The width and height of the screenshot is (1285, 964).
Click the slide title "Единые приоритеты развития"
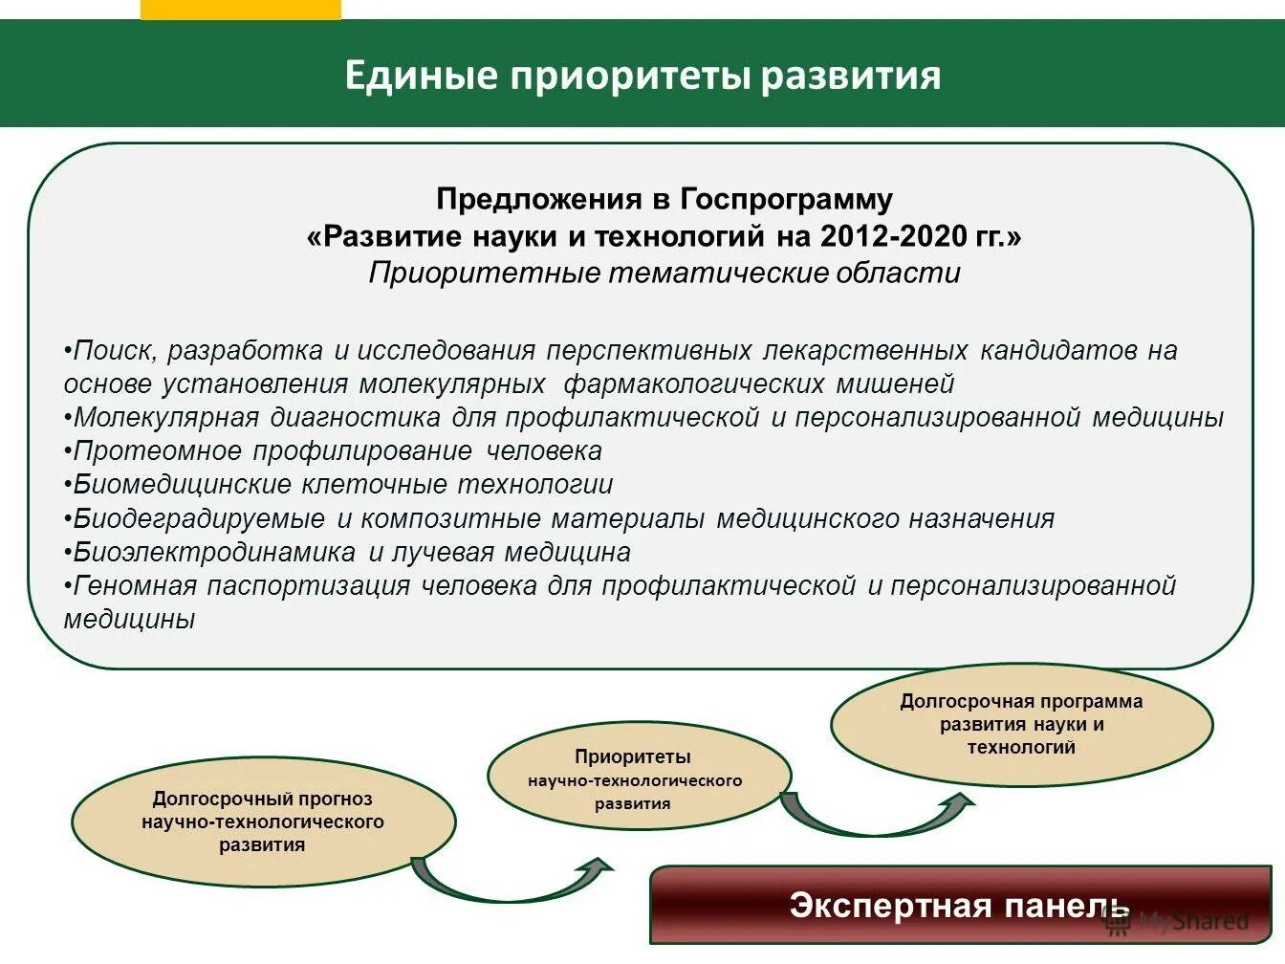(x=642, y=76)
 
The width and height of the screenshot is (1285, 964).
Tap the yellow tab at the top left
(x=240, y=10)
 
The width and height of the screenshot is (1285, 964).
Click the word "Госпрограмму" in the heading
(x=786, y=200)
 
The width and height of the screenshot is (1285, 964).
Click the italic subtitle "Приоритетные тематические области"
(x=664, y=274)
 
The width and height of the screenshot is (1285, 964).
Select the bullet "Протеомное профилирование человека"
(x=337, y=450)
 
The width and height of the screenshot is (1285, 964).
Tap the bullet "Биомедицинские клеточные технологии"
(x=342, y=485)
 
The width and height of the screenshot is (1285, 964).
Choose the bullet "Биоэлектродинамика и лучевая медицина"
(x=351, y=553)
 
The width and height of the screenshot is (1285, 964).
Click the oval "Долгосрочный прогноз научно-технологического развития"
(x=263, y=822)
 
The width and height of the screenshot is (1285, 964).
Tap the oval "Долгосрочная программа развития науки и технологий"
(x=1021, y=725)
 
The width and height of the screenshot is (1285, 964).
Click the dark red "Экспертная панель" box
(x=959, y=905)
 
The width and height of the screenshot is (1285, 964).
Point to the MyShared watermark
(x=1178, y=922)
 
